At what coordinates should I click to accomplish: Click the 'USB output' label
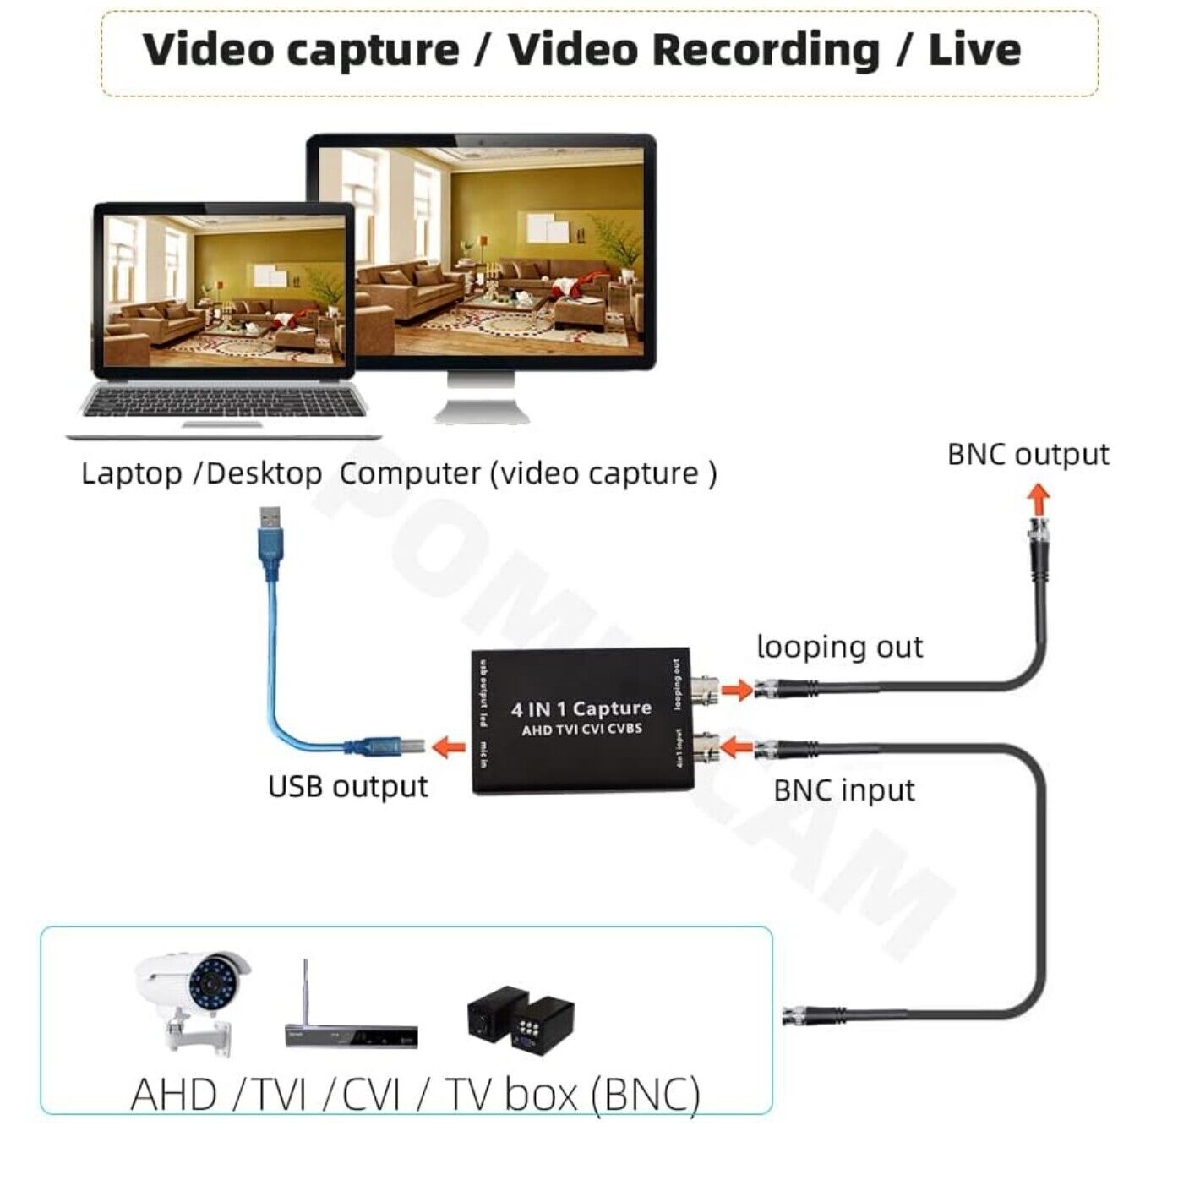pyautogui.click(x=347, y=786)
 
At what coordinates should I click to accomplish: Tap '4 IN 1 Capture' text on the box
pyautogui.click(x=581, y=708)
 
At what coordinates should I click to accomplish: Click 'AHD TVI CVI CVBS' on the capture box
pyautogui.click(x=581, y=730)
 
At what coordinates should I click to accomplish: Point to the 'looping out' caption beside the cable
pyautogui.click(x=839, y=648)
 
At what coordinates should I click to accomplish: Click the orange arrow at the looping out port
pyautogui.click(x=738, y=689)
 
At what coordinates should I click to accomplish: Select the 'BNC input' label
pyautogui.click(x=843, y=790)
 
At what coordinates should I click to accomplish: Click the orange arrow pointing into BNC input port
pyautogui.click(x=738, y=747)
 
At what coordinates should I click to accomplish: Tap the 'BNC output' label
pyautogui.click(x=1027, y=455)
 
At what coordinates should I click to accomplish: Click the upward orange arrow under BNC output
pyautogui.click(x=1038, y=499)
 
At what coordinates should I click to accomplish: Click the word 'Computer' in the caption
pyautogui.click(x=410, y=473)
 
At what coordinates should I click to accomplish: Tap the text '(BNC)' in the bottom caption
pyautogui.click(x=646, y=1095)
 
